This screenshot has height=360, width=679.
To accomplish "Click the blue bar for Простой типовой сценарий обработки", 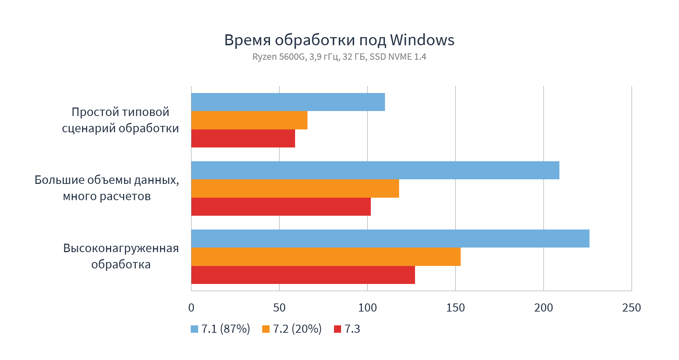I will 288,102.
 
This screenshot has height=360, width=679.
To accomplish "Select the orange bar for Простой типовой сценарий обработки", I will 249,120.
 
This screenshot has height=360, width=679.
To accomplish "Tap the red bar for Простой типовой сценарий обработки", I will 243,139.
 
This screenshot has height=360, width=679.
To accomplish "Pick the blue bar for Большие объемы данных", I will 375,170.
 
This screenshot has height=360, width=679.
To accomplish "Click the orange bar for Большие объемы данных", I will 295,188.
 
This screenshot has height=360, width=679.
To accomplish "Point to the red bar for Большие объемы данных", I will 281,207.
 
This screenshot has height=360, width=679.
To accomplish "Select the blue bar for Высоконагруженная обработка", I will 390,239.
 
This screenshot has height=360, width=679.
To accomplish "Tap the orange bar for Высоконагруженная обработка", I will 326,257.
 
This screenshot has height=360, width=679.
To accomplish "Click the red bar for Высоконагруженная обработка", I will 303,275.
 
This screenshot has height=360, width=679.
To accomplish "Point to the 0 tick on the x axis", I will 191,308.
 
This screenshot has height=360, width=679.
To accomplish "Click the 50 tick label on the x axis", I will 279,308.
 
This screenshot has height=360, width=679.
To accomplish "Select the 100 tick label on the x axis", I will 367,308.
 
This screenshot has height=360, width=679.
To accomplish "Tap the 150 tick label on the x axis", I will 455,308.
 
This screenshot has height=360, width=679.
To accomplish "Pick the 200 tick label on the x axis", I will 543,308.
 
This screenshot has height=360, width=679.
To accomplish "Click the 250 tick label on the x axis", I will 632,308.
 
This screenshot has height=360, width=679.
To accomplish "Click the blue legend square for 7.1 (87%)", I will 194,329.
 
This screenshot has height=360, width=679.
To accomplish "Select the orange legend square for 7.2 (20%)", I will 266,329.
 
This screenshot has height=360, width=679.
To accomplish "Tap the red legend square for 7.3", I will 338,329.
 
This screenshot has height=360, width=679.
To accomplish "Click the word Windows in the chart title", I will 422,40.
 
